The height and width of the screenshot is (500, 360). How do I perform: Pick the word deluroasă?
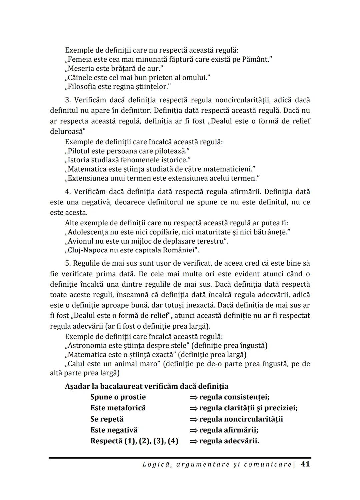(66, 131)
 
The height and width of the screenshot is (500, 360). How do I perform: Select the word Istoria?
(79, 160)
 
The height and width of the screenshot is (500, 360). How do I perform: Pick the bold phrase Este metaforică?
(118, 408)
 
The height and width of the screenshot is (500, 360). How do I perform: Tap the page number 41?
(305, 464)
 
